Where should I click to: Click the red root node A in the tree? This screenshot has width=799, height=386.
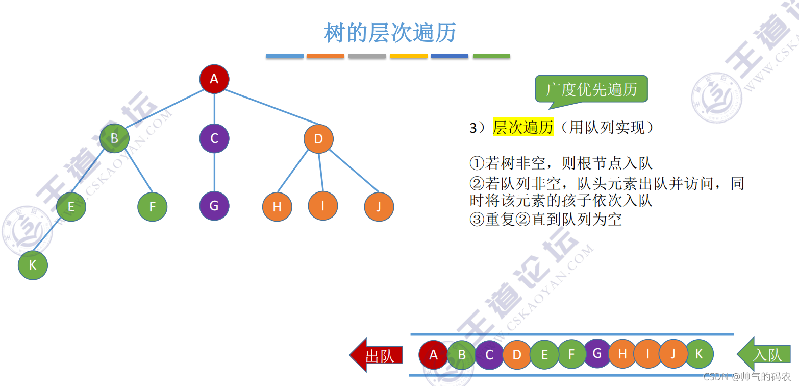coord(214,79)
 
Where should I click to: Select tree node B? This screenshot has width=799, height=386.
coord(114,138)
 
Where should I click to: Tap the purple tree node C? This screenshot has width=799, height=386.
coord(214,138)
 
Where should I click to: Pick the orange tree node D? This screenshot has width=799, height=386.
coord(318,138)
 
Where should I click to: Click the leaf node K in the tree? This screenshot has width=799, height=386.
coord(33,265)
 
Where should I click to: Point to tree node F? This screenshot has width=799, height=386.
coord(152,207)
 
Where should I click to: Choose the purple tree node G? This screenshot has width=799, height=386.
coord(214,206)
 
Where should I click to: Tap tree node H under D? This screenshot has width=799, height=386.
coord(277,207)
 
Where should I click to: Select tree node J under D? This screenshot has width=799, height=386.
coord(379,207)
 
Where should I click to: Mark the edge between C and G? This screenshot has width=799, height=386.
coord(214,172)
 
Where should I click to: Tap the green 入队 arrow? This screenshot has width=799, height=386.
coord(764,354)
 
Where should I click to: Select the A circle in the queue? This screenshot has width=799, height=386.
coord(434,354)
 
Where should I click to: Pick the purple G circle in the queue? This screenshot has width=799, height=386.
coord(597,353)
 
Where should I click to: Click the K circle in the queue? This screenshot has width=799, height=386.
coord(698,353)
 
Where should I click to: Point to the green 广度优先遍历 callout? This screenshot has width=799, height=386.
coord(591,89)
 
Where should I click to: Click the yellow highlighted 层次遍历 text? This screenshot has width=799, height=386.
coord(522,128)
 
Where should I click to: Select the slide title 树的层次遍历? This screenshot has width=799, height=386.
coord(390,33)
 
